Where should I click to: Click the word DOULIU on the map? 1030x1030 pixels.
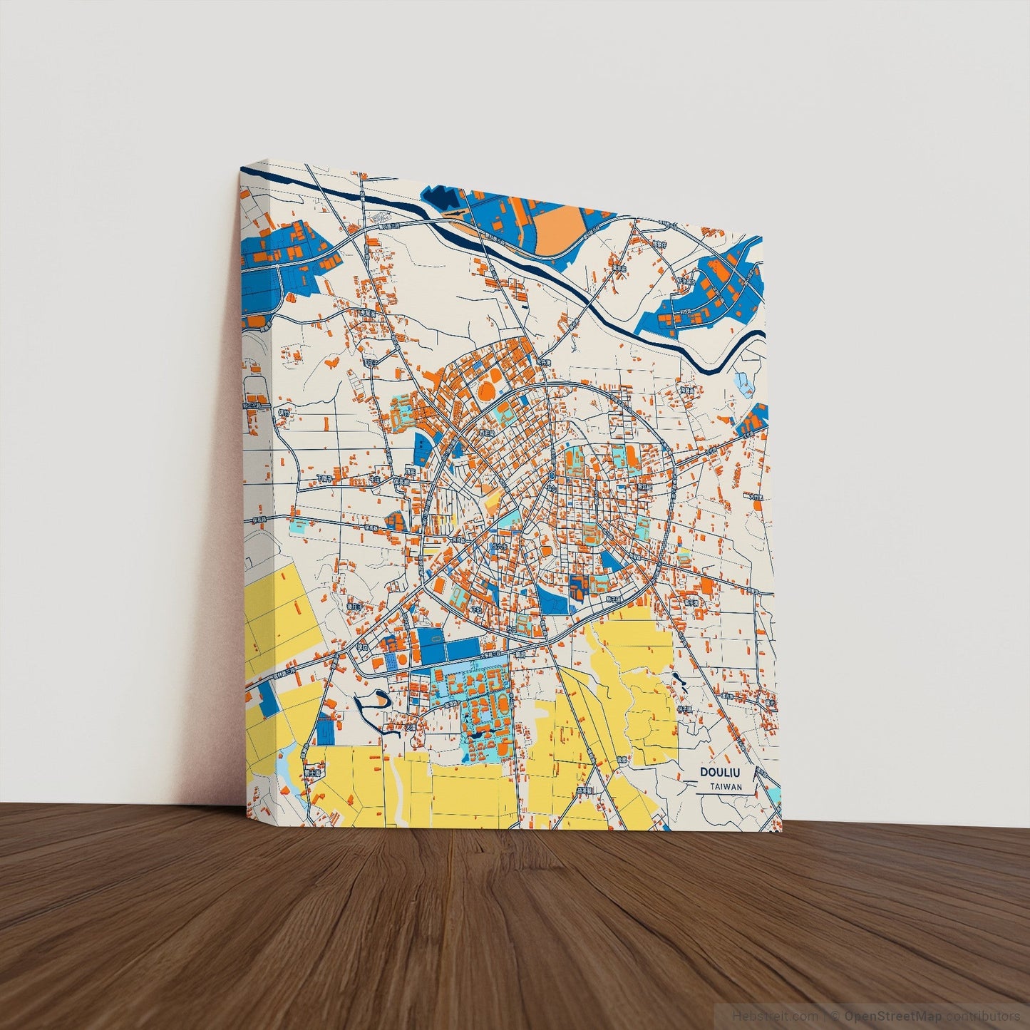point(720,773)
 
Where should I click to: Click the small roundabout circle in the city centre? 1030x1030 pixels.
point(552,475)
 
